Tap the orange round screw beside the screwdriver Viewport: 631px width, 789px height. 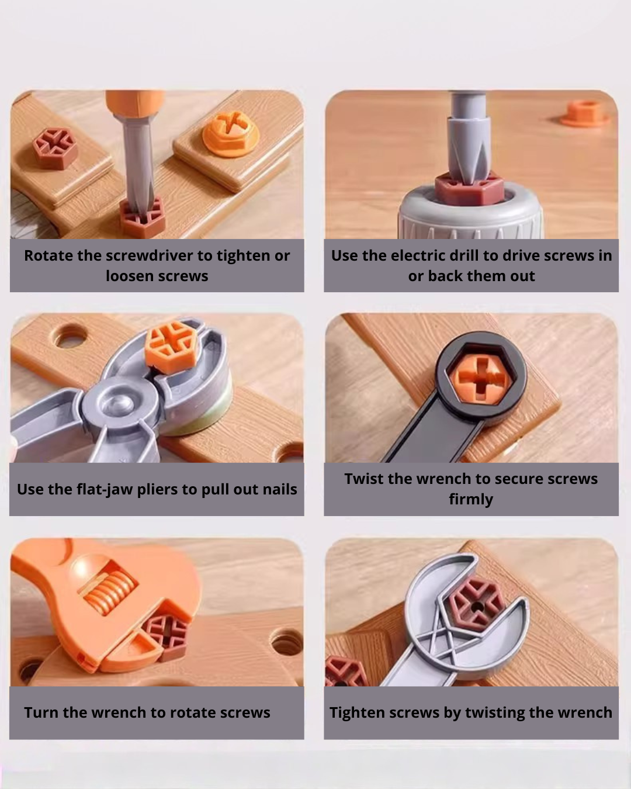(230, 132)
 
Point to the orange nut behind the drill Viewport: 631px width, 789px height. (584, 113)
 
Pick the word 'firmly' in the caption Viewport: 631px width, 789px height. (471, 500)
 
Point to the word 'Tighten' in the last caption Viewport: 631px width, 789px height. (356, 712)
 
